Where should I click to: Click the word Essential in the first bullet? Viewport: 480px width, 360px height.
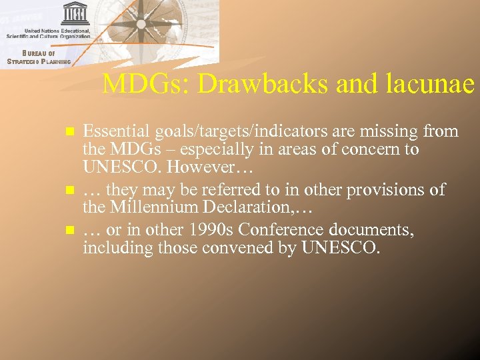pos(111,131)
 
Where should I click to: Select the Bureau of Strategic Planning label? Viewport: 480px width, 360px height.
pos(38,57)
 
